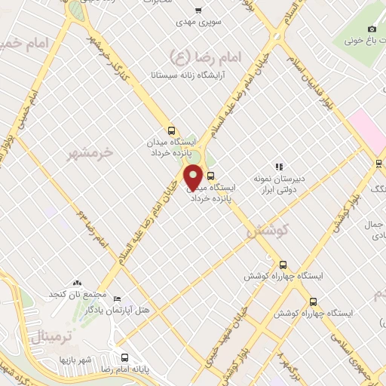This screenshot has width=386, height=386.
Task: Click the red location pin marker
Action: pyautogui.click(x=194, y=176)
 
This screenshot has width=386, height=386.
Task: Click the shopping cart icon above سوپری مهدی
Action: pyautogui.click(x=199, y=11)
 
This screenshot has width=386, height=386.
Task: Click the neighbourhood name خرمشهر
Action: pyautogui.click(x=89, y=152)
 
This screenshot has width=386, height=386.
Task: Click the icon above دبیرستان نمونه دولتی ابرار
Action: pyautogui.click(x=278, y=167)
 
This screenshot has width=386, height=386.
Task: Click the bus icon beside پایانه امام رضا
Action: pyautogui.click(x=124, y=357)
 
